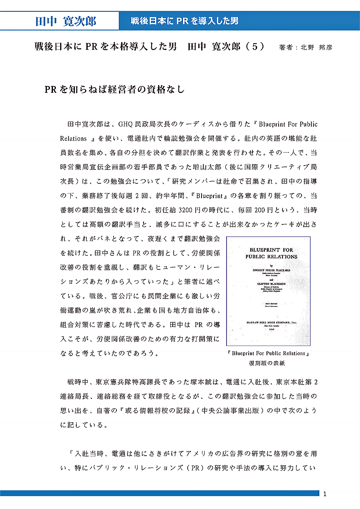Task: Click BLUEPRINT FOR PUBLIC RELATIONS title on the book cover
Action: click(271, 253)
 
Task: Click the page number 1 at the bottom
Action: click(325, 494)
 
